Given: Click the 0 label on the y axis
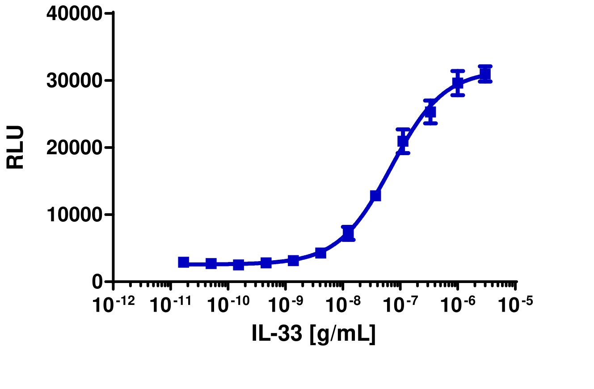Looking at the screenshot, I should pyautogui.click(x=97, y=282).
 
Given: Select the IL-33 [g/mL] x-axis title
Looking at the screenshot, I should pyautogui.click(x=313, y=334).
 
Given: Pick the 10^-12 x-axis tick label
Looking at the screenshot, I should pyautogui.click(x=114, y=305).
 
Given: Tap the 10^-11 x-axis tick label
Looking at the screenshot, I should pyautogui.click(x=171, y=305).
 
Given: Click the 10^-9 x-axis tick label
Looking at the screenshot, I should pyautogui.click(x=286, y=305).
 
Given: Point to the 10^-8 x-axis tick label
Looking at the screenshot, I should pyautogui.click(x=343, y=305).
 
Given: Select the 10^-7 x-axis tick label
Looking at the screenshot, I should pyautogui.click(x=401, y=305).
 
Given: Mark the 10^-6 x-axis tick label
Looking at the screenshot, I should pyautogui.click(x=458, y=305).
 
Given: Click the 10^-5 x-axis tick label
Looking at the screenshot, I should pyautogui.click(x=515, y=305).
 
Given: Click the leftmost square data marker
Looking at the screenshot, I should pyautogui.click(x=183, y=262).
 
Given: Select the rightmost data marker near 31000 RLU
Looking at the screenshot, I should pyautogui.click(x=485, y=74).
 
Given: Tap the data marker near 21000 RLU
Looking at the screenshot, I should pyautogui.click(x=403, y=141).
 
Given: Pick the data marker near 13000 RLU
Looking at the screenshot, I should pyautogui.click(x=375, y=195).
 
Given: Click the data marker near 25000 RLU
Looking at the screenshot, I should pyautogui.click(x=430, y=112).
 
